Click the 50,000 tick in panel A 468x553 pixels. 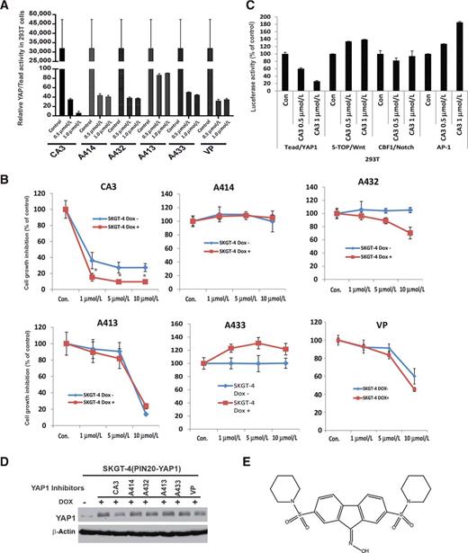point(36,16)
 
